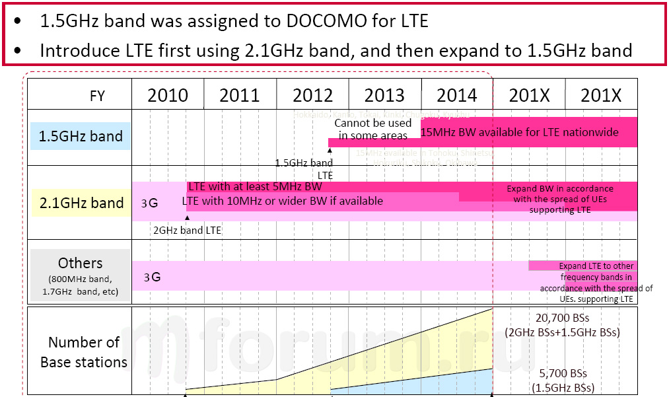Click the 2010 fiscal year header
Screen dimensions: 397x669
pyautogui.click(x=168, y=96)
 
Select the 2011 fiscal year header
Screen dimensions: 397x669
pyautogui.click(x=240, y=96)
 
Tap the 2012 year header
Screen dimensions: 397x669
pyautogui.click(x=312, y=96)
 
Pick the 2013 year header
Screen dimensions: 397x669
pyautogui.click(x=384, y=96)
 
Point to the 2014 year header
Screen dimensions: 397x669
pyautogui.click(x=457, y=96)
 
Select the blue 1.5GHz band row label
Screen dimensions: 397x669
pyautogui.click(x=81, y=137)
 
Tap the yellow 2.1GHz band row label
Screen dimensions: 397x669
pyautogui.click(x=81, y=203)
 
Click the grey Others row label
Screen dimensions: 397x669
pyautogui.click(x=80, y=275)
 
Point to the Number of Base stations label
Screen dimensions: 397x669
pyautogui.click(x=84, y=352)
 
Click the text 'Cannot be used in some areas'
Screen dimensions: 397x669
pyautogui.click(x=373, y=129)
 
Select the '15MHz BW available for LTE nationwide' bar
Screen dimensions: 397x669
pyautogui.click(x=520, y=132)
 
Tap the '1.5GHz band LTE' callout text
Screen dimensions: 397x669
pyautogui.click(x=304, y=168)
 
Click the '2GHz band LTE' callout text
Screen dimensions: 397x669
pyautogui.click(x=188, y=231)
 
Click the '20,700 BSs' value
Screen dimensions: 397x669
pyautogui.click(x=563, y=318)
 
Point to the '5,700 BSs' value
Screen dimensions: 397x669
pyautogui.click(x=563, y=374)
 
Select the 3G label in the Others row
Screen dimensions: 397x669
pyautogui.click(x=152, y=277)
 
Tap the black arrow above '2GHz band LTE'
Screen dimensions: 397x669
pyautogui.click(x=188, y=217)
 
